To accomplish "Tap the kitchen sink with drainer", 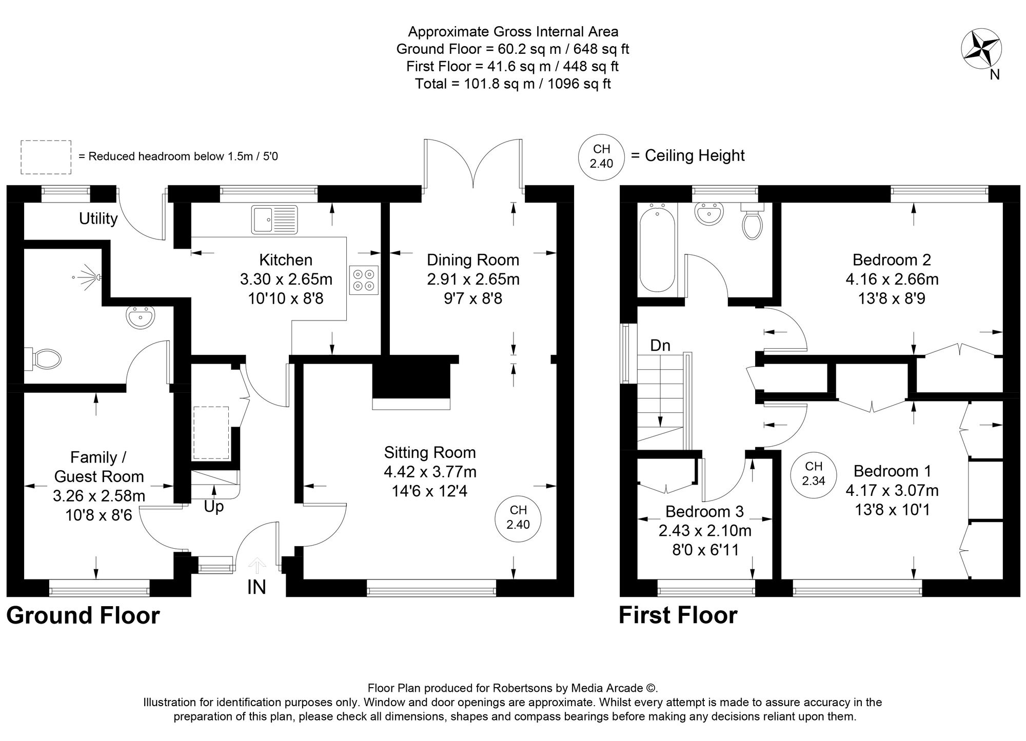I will [274, 219].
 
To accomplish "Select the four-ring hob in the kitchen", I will [364, 280].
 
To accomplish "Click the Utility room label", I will [98, 219].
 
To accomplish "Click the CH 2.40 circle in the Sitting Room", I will [518, 517].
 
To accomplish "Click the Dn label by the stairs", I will [660, 346].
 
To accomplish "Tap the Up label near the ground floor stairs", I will [213, 507].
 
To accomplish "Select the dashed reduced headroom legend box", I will [46, 157].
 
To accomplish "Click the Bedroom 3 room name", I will [704, 511].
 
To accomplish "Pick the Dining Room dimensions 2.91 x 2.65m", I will [473, 279].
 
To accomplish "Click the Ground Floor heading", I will [83, 615].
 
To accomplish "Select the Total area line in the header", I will [512, 84].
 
